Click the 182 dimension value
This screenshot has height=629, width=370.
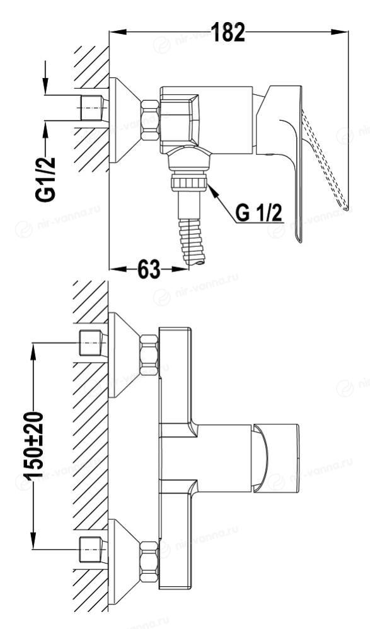[x=228, y=32]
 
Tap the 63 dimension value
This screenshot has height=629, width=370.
[x=149, y=269]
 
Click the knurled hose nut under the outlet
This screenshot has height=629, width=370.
[x=189, y=183]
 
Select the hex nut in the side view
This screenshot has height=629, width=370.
[x=149, y=120]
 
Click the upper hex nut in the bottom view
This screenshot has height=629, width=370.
[x=149, y=355]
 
